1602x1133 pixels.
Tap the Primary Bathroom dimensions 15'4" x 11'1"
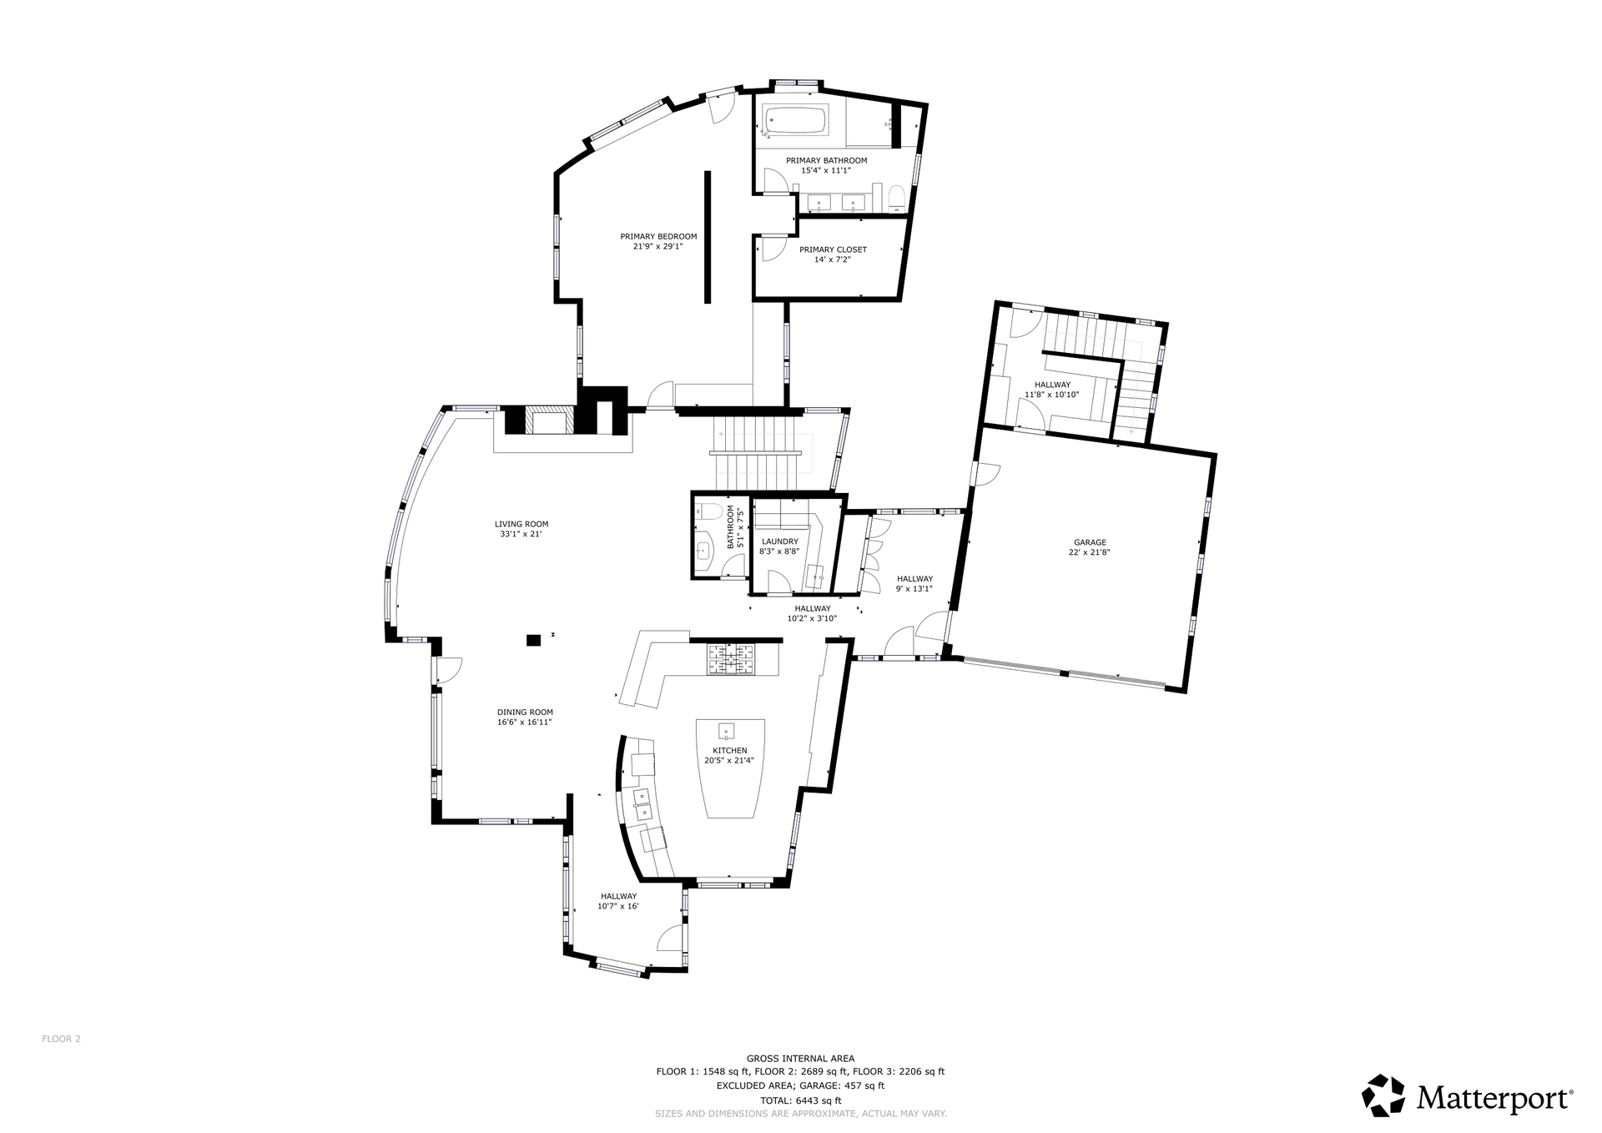[x=826, y=170]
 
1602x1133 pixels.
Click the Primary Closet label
[x=833, y=249]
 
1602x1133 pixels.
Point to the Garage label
[x=1090, y=542]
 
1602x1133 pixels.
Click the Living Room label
[x=521, y=524]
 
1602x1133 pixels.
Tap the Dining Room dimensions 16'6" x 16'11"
[x=525, y=723]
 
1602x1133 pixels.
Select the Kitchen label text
[x=730, y=751]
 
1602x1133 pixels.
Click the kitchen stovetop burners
[x=731, y=659]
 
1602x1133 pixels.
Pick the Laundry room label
[x=778, y=541]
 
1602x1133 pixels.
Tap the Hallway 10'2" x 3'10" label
[x=812, y=613]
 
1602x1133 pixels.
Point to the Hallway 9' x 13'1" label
[x=914, y=583]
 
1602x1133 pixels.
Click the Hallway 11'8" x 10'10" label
[x=1051, y=390]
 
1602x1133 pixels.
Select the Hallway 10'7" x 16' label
[x=618, y=901]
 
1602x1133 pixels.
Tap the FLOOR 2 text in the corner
[x=61, y=1039]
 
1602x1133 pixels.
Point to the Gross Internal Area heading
[x=800, y=1059]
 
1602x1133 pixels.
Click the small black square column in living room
[x=533, y=640]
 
